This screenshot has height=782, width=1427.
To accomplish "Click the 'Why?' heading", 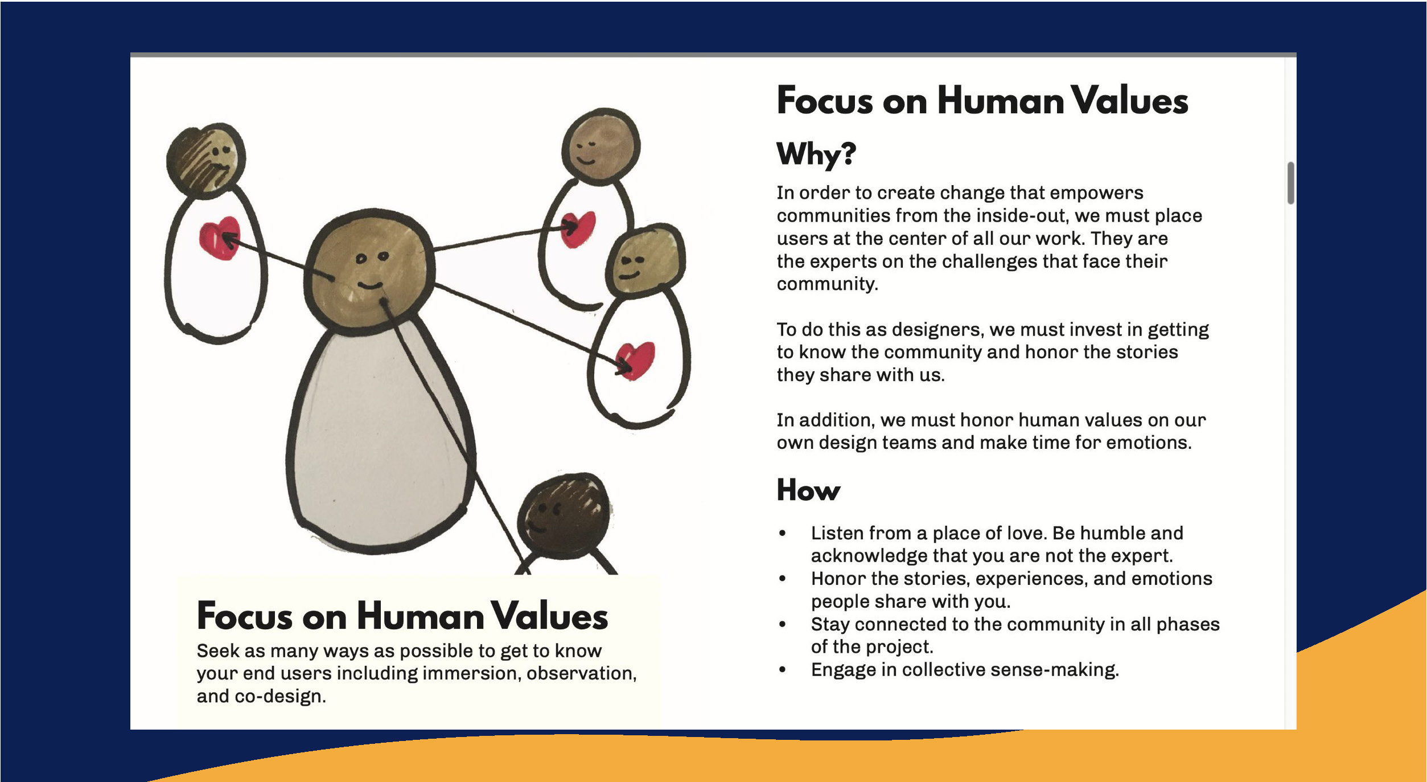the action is click(816, 154).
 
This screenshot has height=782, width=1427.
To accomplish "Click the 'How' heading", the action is click(808, 490).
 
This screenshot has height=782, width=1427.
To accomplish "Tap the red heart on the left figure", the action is click(219, 238).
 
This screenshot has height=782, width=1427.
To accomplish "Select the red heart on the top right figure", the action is click(578, 229).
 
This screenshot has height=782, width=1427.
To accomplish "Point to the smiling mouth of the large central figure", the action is click(370, 284).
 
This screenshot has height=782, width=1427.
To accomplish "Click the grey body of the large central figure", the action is click(379, 439).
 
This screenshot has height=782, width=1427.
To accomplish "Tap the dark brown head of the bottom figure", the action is click(564, 513).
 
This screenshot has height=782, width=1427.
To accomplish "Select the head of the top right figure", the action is click(601, 146).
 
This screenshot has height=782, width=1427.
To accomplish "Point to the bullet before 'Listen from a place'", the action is click(783, 533).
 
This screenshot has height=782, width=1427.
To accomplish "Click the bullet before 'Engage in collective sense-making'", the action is click(783, 670).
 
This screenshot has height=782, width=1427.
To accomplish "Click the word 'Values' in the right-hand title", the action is click(1130, 101).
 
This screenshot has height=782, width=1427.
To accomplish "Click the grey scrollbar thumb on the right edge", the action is click(1291, 183).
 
